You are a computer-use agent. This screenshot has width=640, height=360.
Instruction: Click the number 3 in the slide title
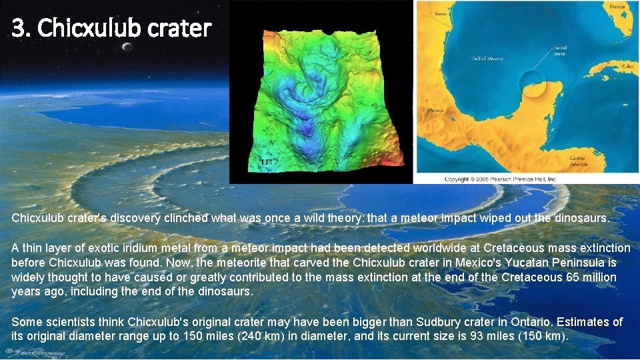click(x=19, y=29)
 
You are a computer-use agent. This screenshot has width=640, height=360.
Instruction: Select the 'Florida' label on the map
click(x=617, y=7)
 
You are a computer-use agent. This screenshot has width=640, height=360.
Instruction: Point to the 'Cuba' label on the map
click(x=627, y=67)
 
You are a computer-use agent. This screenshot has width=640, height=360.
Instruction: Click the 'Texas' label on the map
click(x=441, y=13)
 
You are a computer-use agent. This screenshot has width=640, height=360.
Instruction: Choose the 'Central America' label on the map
click(x=577, y=161)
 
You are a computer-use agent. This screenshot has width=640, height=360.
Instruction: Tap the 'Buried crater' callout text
click(x=559, y=50)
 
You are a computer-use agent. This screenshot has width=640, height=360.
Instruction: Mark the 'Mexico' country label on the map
click(x=435, y=111)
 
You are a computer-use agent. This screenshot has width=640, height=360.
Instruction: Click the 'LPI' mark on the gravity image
click(x=267, y=163)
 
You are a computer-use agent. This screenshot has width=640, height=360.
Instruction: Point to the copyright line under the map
click(x=500, y=179)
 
